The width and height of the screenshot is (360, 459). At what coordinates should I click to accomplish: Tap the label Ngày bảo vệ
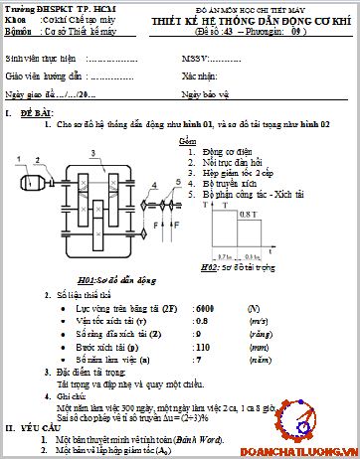click(x=206, y=93)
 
